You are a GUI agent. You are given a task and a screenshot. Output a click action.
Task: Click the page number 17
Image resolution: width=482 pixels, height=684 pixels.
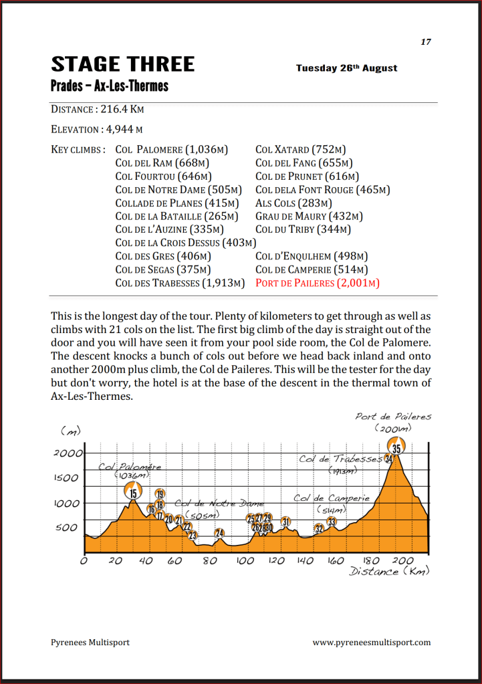tap(426, 42)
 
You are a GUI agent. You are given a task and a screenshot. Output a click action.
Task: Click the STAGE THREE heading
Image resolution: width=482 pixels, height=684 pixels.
tap(123, 64)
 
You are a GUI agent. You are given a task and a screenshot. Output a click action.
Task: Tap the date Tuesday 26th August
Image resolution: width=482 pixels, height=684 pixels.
tap(346, 68)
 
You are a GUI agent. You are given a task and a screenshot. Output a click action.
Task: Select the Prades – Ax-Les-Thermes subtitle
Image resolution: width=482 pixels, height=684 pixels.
tap(110, 86)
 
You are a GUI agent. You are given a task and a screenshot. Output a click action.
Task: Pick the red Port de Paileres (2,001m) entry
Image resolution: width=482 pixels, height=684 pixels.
tap(318, 283)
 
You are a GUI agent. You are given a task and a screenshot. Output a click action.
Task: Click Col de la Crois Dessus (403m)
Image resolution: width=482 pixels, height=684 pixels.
tap(186, 243)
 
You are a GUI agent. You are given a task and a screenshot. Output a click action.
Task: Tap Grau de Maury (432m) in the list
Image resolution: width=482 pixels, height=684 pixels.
tap(309, 216)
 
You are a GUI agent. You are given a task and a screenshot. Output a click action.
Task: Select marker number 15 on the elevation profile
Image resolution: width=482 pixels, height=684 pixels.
tap(134, 493)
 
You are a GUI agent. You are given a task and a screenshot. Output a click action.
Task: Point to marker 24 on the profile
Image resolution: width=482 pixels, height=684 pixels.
tap(219, 534)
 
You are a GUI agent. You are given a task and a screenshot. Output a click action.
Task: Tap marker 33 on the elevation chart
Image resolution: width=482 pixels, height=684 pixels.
tap(332, 522)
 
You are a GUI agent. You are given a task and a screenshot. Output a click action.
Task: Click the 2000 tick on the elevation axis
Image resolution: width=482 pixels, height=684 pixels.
tap(68, 453)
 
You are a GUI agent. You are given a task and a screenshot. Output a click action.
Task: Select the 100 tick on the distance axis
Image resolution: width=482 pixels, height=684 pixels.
tap(245, 561)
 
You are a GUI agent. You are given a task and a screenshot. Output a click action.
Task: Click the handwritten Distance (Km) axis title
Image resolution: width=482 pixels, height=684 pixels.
tap(389, 572)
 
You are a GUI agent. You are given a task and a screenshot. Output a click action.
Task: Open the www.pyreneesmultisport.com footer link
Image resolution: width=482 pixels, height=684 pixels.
tap(371, 643)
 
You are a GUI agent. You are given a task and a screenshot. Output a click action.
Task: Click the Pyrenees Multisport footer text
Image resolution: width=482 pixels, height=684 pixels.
tap(90, 643)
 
